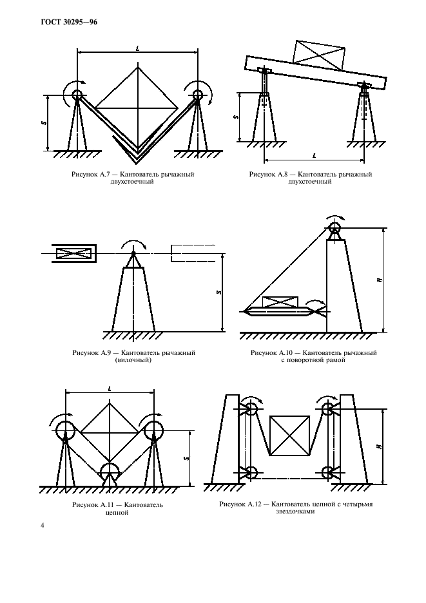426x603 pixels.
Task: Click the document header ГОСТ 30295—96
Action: [x=69, y=22]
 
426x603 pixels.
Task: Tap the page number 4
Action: [x=43, y=525]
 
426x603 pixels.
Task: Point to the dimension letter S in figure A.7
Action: [x=44, y=122]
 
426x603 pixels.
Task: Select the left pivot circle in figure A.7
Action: [x=77, y=94]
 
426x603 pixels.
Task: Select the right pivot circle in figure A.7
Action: [x=198, y=94]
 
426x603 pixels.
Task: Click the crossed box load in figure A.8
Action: [x=319, y=55]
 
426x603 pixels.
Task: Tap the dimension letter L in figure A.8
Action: [x=315, y=155]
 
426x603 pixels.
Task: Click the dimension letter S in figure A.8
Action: [x=237, y=117]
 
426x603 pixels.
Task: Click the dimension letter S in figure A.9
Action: [x=219, y=292]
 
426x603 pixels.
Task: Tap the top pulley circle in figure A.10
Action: [x=334, y=227]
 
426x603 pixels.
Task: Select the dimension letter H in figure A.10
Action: [x=380, y=280]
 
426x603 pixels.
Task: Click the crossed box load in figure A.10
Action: [x=280, y=302]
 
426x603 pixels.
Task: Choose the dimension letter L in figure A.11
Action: [x=110, y=389]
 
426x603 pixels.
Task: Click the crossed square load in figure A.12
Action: [x=289, y=436]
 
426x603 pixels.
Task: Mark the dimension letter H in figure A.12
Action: [x=380, y=446]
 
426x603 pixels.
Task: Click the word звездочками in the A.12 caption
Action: [x=295, y=512]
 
